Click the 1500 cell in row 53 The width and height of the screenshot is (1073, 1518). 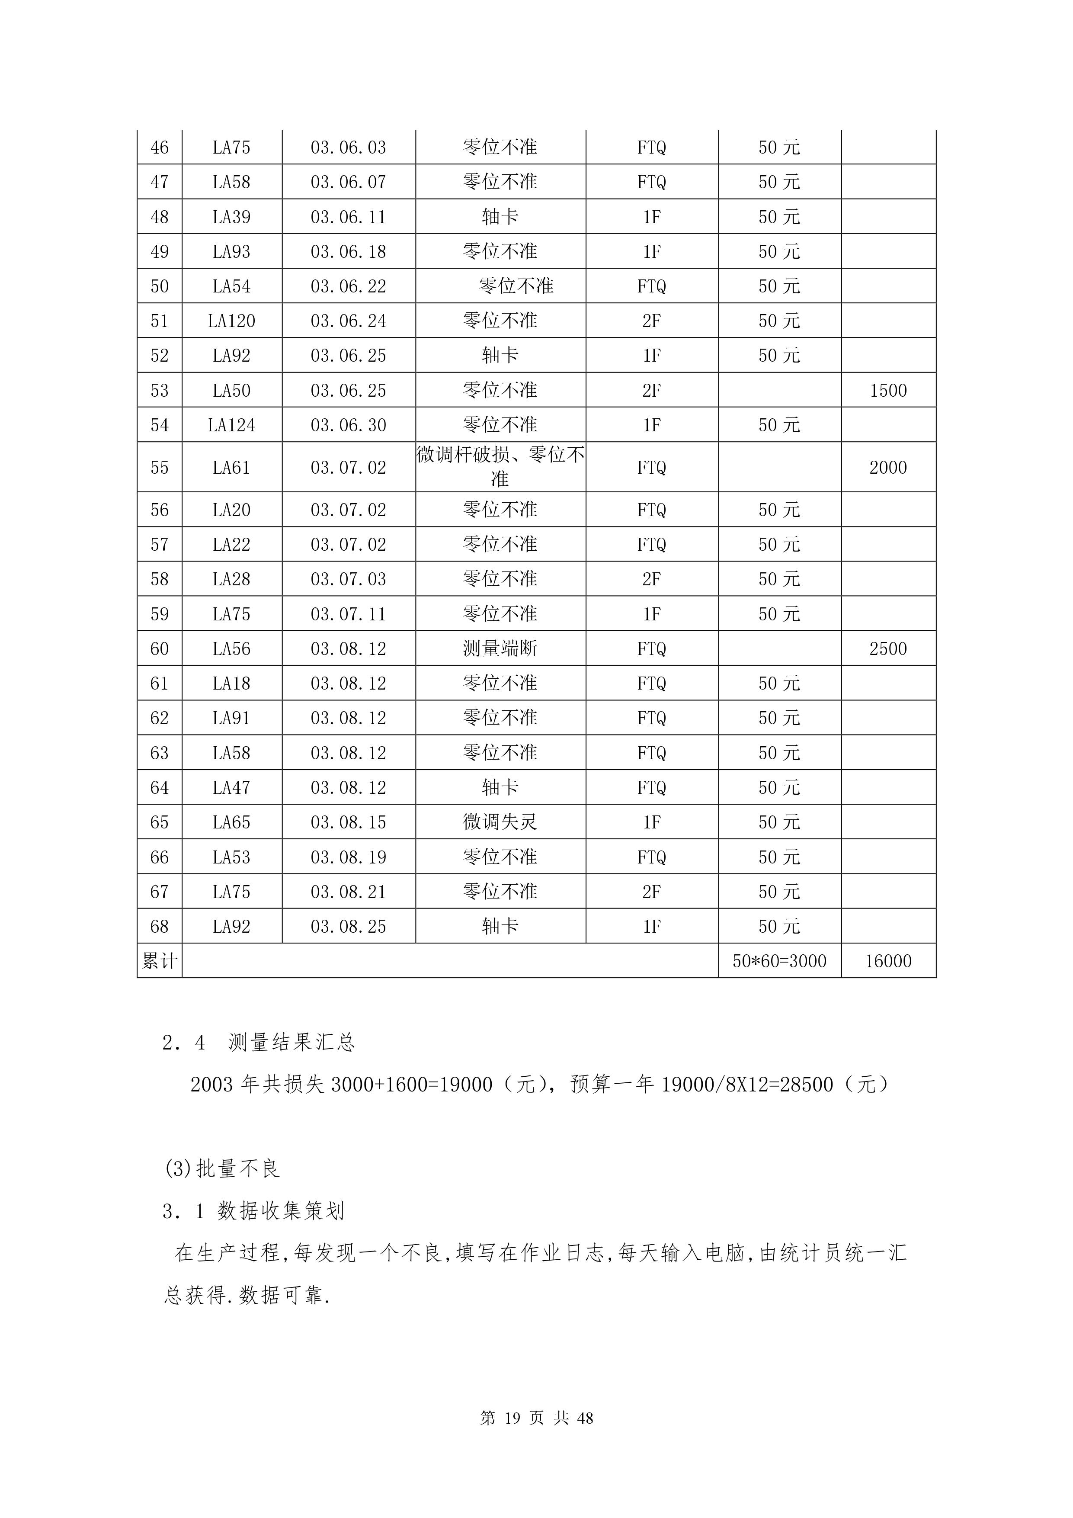pyautogui.click(x=888, y=390)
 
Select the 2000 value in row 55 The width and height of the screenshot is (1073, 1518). pyautogui.click(x=888, y=468)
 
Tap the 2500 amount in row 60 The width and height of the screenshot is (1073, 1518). pyautogui.click(x=888, y=648)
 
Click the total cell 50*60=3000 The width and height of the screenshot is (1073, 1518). pyautogui.click(x=779, y=961)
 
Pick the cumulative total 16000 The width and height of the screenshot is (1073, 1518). pyautogui.click(x=888, y=961)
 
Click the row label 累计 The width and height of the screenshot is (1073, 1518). pyautogui.click(x=159, y=961)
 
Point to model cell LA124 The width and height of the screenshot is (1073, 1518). pyautogui.click(x=231, y=425)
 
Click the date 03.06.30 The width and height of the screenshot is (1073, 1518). pyautogui.click(x=349, y=425)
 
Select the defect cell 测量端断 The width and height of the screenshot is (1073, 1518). pyautogui.click(x=500, y=648)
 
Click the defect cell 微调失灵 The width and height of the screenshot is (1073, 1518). pyautogui.click(x=500, y=822)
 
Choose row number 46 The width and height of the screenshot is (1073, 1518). pyautogui.click(x=159, y=148)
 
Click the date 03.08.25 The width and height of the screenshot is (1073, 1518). pyautogui.click(x=349, y=926)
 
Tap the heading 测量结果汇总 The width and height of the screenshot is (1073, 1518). pyautogui.click(x=291, y=1043)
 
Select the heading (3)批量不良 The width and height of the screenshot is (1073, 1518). pyautogui.click(x=222, y=1169)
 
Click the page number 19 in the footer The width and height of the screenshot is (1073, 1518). pyautogui.click(x=512, y=1418)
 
